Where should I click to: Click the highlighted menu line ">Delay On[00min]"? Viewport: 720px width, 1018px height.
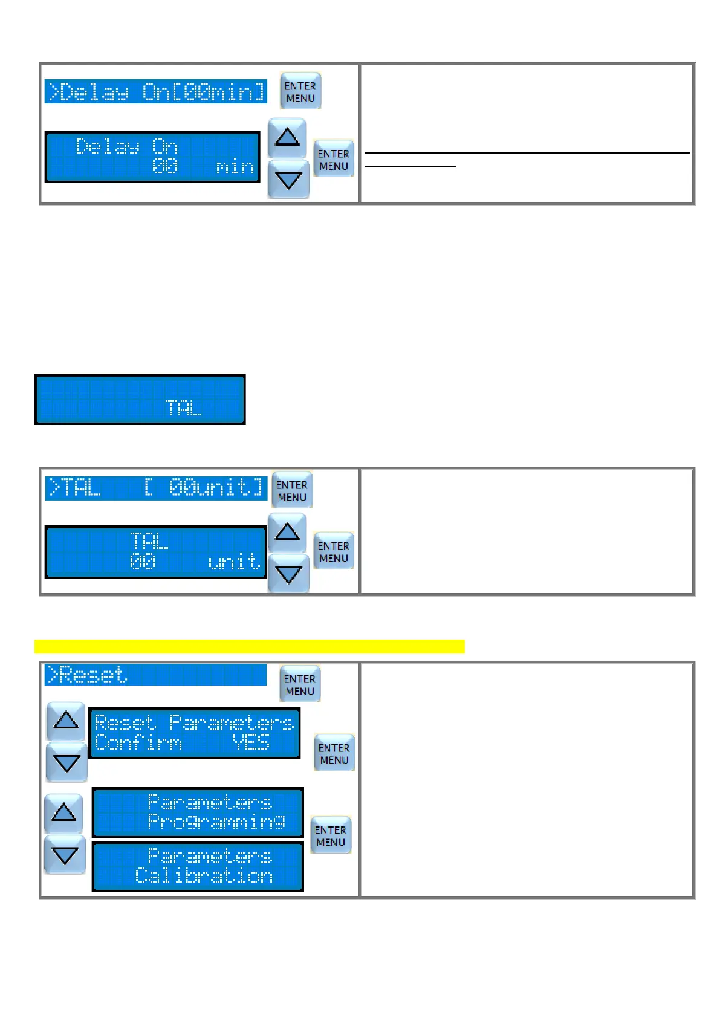pos(156,92)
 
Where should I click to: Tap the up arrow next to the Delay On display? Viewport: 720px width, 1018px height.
pos(287,138)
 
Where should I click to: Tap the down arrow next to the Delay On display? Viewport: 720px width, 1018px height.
pos(288,180)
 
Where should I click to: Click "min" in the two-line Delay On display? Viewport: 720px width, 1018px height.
pos(235,166)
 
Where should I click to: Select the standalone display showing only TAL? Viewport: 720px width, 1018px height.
pos(140,400)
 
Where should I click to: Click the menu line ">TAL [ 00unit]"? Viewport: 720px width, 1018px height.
pos(156,488)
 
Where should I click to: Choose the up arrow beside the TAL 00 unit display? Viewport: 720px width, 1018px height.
pos(287,532)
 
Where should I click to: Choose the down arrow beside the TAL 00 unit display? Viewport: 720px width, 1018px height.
pos(288,573)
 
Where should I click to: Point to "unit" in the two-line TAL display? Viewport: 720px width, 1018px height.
pos(234,562)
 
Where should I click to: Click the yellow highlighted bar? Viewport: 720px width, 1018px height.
pos(249,646)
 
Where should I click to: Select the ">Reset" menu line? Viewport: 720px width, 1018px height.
pos(155,675)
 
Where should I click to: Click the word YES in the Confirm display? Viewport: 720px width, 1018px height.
pos(251,742)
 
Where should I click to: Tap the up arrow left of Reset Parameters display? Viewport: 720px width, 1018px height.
pos(66,720)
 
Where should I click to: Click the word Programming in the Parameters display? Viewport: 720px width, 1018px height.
pos(216,822)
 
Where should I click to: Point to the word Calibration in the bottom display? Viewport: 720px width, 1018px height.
pos(204,876)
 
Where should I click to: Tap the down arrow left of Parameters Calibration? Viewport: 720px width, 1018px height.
pos(65,855)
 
